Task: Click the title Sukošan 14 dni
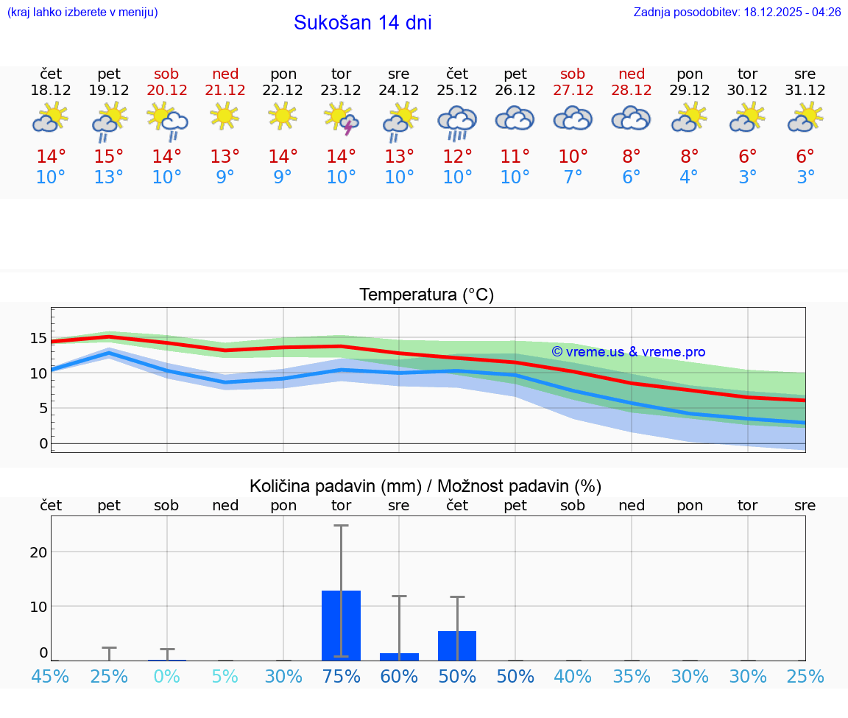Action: coord(362,23)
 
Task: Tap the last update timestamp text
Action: coord(737,12)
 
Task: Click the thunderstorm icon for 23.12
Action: coord(341,119)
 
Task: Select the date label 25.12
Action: coord(457,91)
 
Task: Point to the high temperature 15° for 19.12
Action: coord(109,157)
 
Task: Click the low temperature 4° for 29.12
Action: coord(689,177)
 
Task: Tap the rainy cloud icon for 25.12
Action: coord(457,122)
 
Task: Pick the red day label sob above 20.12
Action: coord(166,74)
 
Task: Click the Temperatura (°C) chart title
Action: coord(426,295)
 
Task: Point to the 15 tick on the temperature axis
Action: coord(38,338)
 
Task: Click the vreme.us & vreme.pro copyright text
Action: coord(628,352)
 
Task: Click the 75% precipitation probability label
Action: coord(341,676)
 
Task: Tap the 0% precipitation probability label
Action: coord(166,676)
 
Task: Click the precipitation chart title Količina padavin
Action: coord(425,486)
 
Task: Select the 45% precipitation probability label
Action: coord(51,676)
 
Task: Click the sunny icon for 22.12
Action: coord(283,116)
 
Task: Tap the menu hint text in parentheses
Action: coord(82,12)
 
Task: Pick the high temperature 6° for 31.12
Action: coord(805,157)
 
